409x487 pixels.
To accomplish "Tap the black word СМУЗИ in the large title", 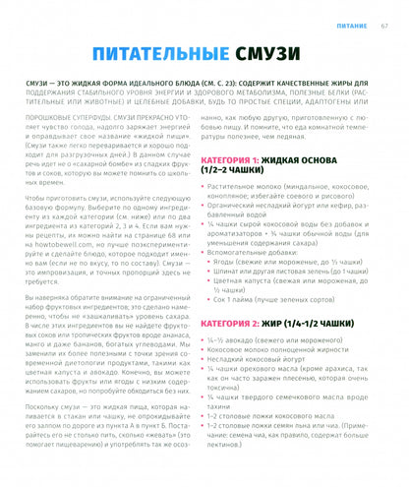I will coord(294,57).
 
